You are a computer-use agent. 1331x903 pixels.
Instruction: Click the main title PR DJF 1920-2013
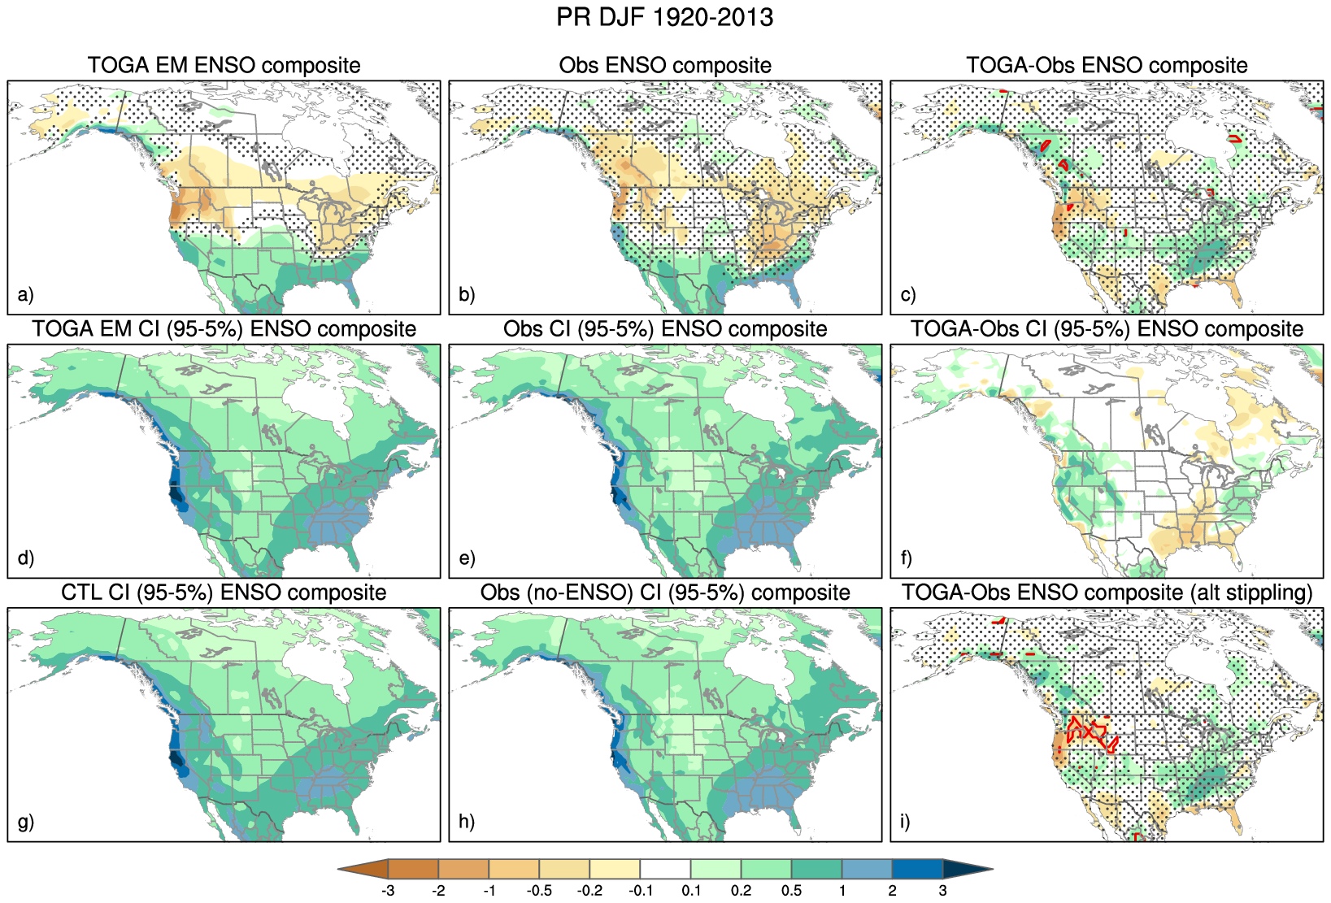pyautogui.click(x=664, y=17)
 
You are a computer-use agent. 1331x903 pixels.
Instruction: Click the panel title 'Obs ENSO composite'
pyautogui.click(x=665, y=65)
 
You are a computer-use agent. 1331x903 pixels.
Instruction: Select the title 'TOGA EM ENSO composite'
pyautogui.click(x=224, y=65)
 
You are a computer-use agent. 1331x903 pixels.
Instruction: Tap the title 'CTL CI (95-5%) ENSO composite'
pyautogui.click(x=224, y=593)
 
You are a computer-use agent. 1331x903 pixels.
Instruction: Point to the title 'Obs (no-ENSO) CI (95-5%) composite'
pyautogui.click(x=665, y=593)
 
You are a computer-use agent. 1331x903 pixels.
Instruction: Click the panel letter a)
pyautogui.click(x=26, y=294)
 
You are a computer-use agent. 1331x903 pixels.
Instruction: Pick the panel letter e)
pyautogui.click(x=467, y=558)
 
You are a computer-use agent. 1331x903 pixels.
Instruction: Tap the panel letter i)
pyautogui.click(x=906, y=821)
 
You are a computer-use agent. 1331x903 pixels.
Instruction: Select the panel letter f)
pyautogui.click(x=907, y=558)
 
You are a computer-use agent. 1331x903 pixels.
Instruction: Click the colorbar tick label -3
pyautogui.click(x=388, y=891)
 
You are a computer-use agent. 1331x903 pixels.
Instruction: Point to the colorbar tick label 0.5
pyautogui.click(x=791, y=891)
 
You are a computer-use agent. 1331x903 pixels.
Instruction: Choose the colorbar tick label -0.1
pyautogui.click(x=640, y=891)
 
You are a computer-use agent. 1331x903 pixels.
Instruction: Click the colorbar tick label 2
pyautogui.click(x=892, y=891)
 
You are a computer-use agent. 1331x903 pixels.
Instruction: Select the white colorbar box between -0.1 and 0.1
pyautogui.click(x=665, y=869)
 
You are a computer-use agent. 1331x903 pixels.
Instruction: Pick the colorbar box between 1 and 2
pyautogui.click(x=867, y=869)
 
